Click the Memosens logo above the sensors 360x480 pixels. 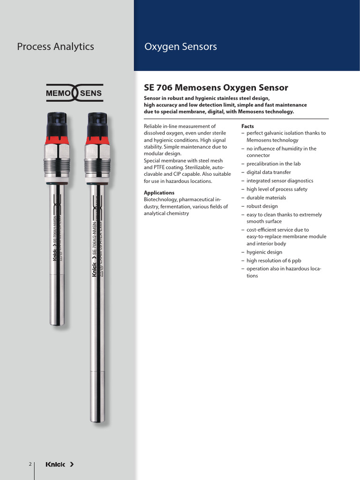point(74,93)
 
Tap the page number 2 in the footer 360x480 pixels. point(30,465)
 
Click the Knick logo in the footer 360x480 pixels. point(60,465)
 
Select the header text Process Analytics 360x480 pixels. point(55,46)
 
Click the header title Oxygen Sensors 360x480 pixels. point(180,46)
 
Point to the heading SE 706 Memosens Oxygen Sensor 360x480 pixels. point(216,88)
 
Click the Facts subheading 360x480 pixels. point(247,127)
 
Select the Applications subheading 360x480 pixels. point(159,193)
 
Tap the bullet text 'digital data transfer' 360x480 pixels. point(269,172)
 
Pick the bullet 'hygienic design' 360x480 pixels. point(264,252)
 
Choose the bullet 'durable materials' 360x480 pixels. point(266,198)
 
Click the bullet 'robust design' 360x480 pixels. point(262,206)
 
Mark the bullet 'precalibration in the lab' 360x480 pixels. point(274,164)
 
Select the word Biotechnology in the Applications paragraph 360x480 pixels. point(160,200)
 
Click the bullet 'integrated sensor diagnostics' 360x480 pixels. point(280,180)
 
